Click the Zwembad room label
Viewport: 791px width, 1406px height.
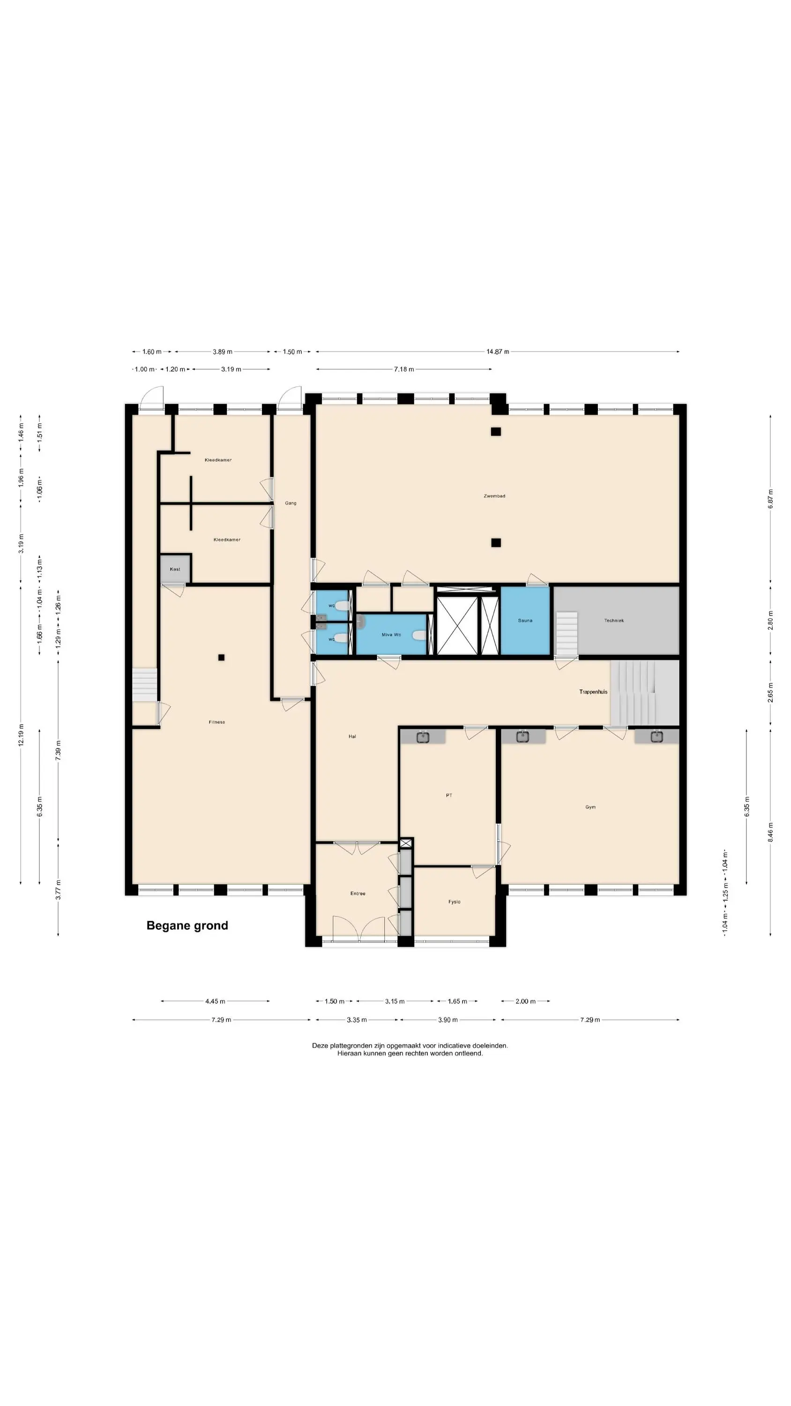click(494, 496)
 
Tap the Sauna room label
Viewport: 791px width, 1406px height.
click(525, 621)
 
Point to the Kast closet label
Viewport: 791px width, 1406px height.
click(175, 569)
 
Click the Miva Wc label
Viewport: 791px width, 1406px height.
click(391, 635)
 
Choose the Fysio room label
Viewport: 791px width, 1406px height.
click(454, 902)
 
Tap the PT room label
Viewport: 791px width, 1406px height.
click(449, 795)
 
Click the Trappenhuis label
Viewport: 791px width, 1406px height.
click(593, 692)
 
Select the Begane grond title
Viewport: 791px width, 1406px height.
click(187, 926)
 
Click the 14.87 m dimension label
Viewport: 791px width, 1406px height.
click(498, 352)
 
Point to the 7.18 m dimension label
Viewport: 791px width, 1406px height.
click(404, 369)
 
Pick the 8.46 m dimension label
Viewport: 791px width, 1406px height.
click(770, 833)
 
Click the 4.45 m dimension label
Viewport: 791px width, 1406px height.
click(215, 1002)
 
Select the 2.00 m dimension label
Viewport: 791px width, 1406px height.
click(526, 1002)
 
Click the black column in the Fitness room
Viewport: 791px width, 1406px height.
click(221, 658)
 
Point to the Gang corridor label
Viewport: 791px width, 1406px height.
click(291, 503)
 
